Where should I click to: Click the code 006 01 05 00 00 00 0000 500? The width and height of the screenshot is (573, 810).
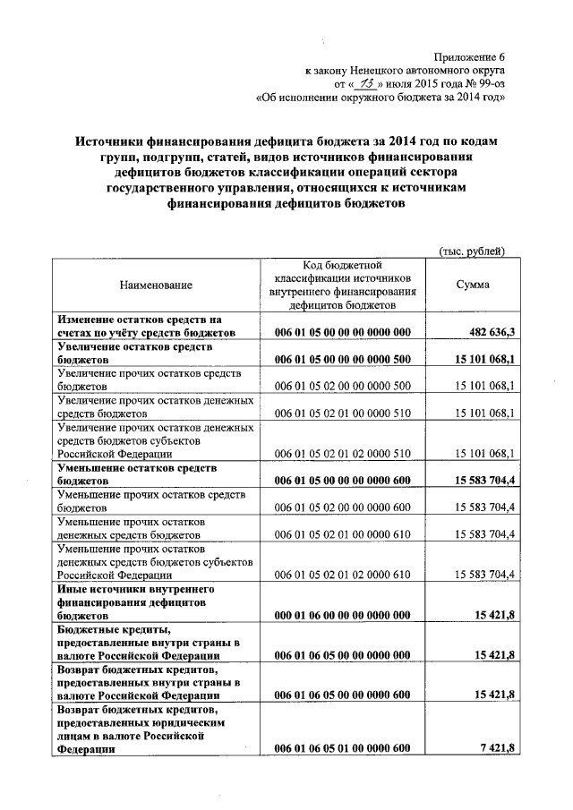pos(342,359)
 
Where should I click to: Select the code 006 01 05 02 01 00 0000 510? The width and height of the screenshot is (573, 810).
pos(342,413)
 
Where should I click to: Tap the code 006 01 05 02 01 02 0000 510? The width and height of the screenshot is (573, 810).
pos(342,453)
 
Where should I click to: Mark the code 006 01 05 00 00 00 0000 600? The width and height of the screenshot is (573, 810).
pos(342,481)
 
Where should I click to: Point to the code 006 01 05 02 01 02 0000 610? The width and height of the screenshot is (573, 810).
pos(342,575)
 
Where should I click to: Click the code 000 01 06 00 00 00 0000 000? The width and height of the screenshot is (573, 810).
pos(342,616)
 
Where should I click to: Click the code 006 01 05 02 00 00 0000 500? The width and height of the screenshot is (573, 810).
pos(342,386)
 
